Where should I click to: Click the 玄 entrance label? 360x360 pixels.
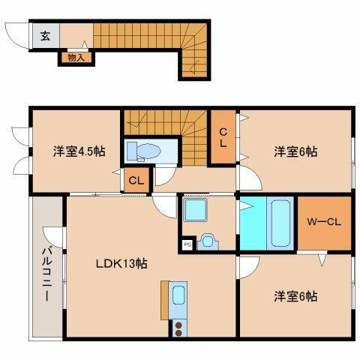pos(44,34)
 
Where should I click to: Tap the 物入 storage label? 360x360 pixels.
pos(76,56)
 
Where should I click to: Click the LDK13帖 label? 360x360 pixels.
pos(120,264)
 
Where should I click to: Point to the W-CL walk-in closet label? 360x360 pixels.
pos(325,222)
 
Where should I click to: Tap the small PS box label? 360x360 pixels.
pos(187,242)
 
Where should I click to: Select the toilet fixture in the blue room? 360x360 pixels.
pos(143,151)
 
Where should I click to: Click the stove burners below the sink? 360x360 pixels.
pos(179,327)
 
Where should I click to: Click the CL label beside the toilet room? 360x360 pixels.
pos(136,180)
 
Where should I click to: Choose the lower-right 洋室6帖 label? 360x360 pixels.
pos(295,296)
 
